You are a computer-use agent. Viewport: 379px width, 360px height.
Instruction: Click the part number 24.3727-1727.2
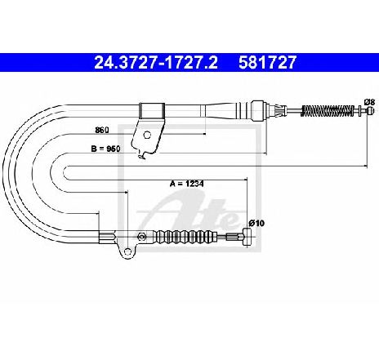coord(156,62)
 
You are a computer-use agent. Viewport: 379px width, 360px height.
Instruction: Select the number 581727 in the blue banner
coord(267,62)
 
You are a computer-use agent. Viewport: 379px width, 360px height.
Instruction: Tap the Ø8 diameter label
coord(370,102)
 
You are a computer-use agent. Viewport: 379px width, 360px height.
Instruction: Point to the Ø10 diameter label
coord(256,224)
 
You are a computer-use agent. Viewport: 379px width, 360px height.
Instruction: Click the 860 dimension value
coord(102,130)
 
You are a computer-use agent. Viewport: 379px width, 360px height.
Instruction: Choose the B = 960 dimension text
coord(105,149)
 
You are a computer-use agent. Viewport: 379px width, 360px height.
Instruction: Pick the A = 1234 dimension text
coord(187,184)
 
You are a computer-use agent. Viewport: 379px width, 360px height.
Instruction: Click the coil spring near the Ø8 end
coord(328,110)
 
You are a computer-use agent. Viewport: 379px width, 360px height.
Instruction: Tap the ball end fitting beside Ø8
coord(370,110)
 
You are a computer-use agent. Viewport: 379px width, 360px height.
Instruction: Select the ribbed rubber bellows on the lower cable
coord(185,236)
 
